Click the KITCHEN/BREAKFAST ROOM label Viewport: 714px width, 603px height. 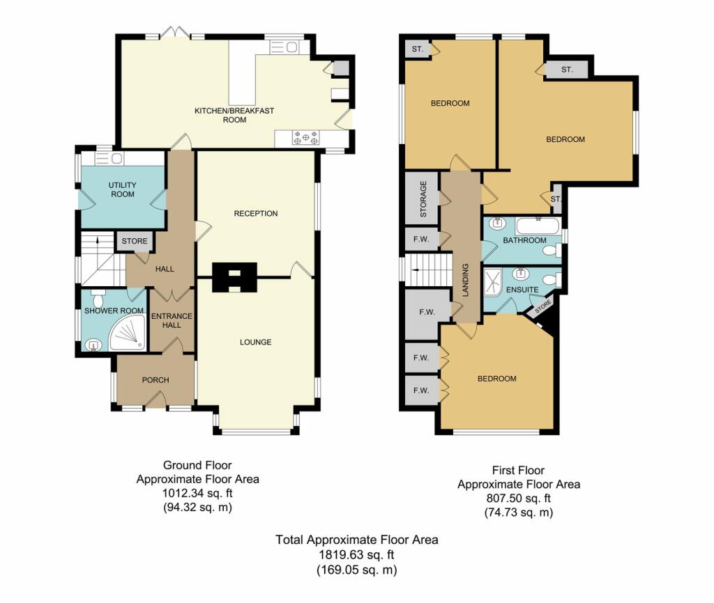[224, 115]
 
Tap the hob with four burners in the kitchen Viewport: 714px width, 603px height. [307, 137]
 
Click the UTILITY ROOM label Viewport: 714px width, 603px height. [122, 189]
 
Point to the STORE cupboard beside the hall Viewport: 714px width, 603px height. [135, 242]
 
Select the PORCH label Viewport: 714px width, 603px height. [155, 379]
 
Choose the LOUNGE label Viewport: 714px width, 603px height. [255, 342]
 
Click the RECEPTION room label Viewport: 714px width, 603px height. [255, 214]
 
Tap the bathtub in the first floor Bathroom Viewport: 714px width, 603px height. [538, 225]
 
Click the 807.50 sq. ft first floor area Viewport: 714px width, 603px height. [518, 499]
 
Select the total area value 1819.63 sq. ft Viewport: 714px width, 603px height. [356, 554]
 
